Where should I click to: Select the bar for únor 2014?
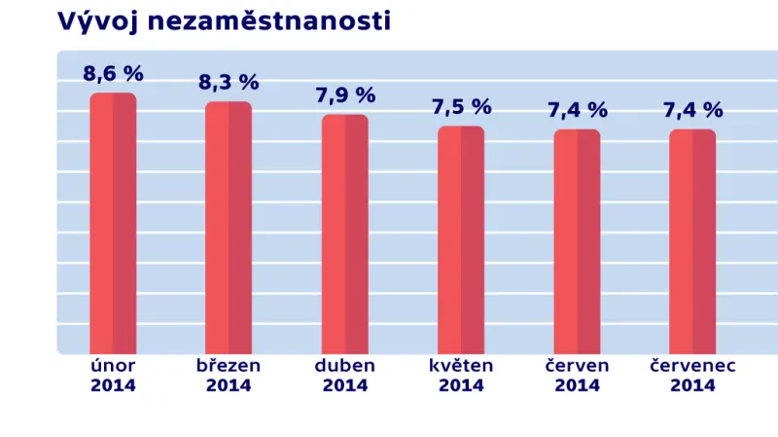click(x=113, y=224)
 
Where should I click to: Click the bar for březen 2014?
click(x=229, y=228)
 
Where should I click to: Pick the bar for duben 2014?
click(x=345, y=235)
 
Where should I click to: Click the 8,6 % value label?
click(x=113, y=73)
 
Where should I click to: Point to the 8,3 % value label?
click(x=229, y=83)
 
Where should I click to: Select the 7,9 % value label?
click(x=345, y=95)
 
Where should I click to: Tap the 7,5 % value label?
click(x=461, y=107)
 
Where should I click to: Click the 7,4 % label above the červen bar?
click(x=577, y=111)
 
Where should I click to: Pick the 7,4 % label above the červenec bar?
click(x=692, y=111)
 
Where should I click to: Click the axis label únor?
click(x=113, y=366)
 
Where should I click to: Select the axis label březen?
click(x=229, y=366)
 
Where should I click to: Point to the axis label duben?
click(x=345, y=366)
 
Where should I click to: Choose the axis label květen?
click(x=461, y=366)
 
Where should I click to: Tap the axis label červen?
click(x=577, y=366)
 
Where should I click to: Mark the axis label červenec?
click(x=692, y=366)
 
